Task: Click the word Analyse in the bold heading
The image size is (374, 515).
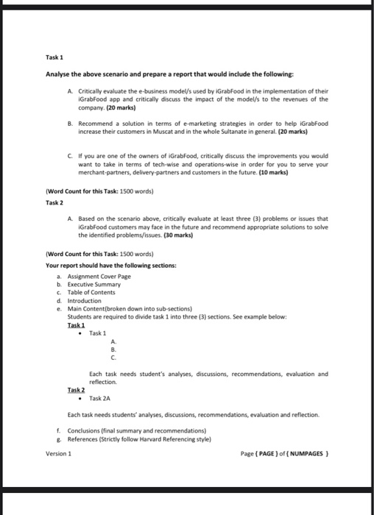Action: (58, 76)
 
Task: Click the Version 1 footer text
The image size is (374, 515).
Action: (58, 453)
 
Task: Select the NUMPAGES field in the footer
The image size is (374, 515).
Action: (308, 454)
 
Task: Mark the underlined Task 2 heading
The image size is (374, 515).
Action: (75, 390)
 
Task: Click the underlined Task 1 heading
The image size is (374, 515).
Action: (75, 324)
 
